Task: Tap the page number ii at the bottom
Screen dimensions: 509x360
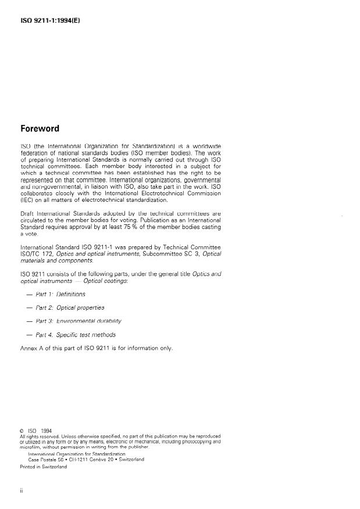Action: pos(22,491)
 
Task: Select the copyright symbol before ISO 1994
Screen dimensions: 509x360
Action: pos(22,431)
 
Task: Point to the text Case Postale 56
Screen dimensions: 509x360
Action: pos(48,459)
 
